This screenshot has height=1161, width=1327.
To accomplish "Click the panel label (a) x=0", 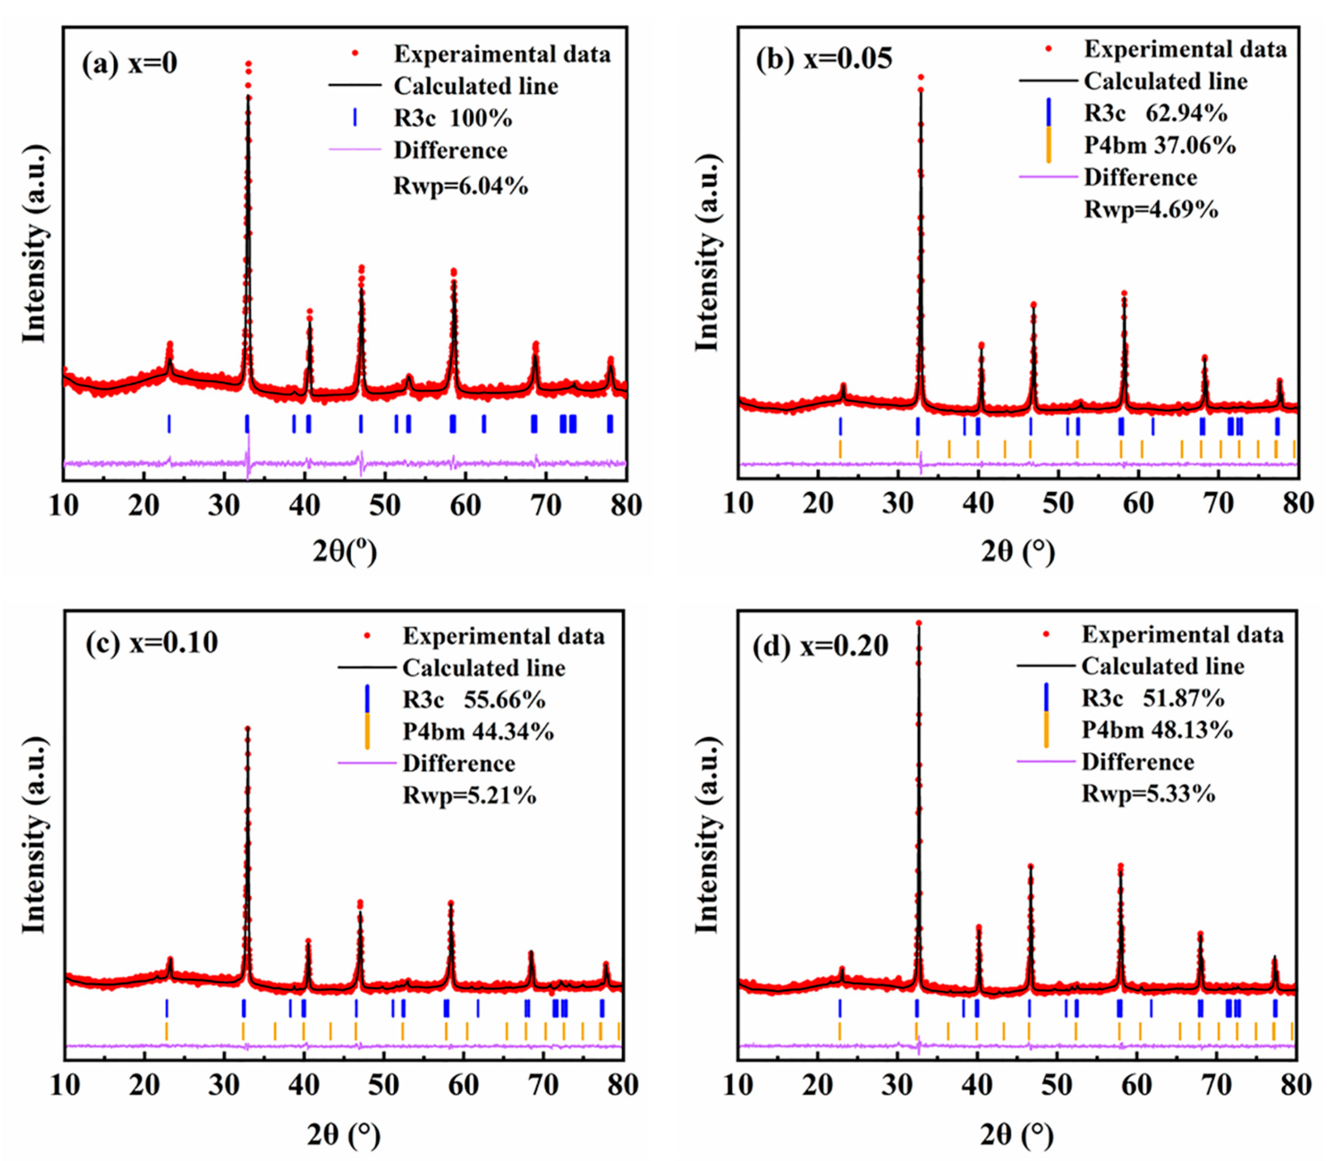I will pos(130,65).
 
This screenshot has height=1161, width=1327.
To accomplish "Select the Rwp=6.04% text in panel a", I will pos(461,186).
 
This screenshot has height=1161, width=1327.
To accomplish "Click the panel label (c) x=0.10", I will pos(152,643).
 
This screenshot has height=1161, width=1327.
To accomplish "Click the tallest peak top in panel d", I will pos(918,624).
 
